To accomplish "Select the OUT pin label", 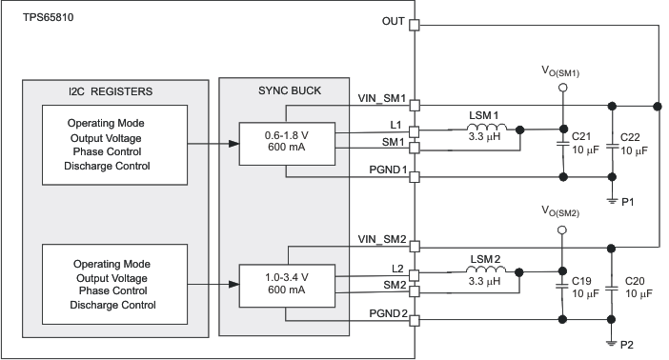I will [392, 20].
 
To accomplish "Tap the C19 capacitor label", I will [580, 282].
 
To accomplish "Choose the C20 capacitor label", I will [636, 282].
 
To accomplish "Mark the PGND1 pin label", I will [387, 170].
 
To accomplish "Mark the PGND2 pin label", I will [387, 311].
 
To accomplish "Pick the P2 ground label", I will [629, 345].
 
